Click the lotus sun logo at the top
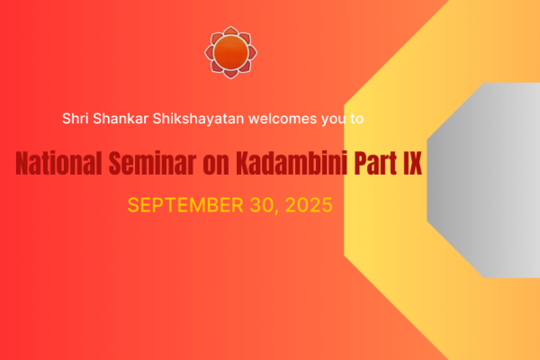230,52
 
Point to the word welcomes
283,119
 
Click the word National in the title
58,163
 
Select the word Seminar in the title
152,163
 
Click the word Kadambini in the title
292,163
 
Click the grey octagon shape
483,180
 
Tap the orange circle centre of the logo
230,52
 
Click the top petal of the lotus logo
230,31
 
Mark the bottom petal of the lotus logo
230,74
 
